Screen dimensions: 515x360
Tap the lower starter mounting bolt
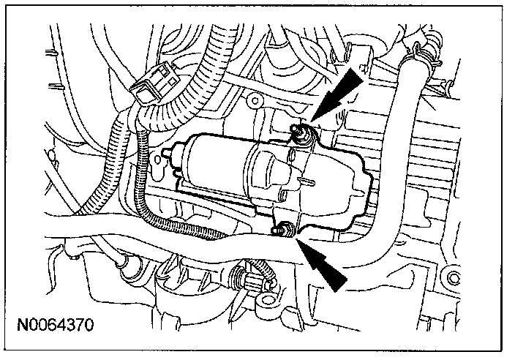coord(279,232)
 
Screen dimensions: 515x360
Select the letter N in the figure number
coord(28,321)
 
